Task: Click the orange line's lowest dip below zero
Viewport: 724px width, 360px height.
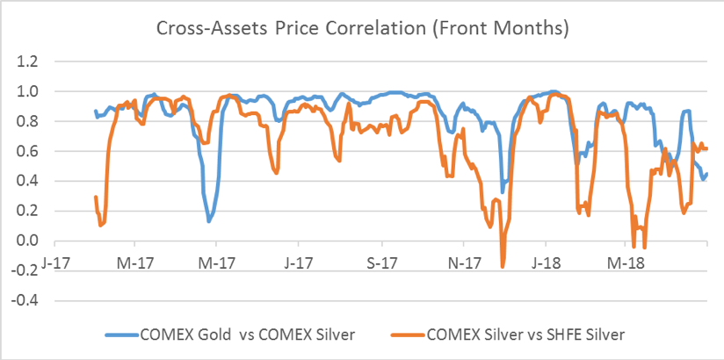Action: pos(503,266)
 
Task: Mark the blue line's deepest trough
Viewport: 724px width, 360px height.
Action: pos(209,220)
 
